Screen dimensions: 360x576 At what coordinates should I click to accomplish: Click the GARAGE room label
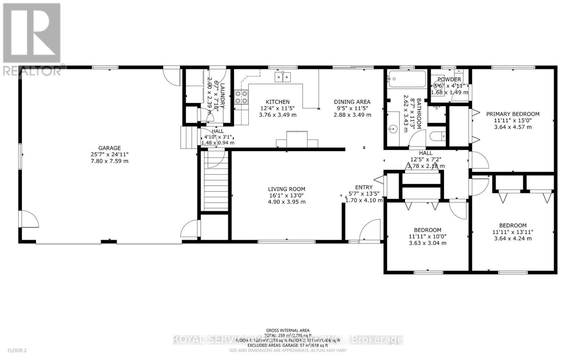[x=109, y=148]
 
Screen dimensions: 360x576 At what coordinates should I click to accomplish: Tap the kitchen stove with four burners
[x=241, y=97]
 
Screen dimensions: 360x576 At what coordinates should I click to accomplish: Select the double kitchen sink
[x=283, y=77]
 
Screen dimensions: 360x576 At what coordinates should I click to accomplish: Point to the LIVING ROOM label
[x=286, y=189]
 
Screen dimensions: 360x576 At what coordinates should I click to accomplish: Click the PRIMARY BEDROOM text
[x=513, y=114]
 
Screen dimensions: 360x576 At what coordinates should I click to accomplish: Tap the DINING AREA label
[x=352, y=102]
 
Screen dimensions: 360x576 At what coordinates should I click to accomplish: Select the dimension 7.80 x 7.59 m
[x=109, y=161]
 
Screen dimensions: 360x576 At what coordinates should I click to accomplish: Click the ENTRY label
[x=364, y=187]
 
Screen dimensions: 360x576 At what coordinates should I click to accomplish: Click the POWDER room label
[x=449, y=80]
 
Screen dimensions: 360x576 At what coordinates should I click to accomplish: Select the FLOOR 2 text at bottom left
[x=17, y=350]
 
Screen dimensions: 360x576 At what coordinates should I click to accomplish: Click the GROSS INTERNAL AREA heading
[x=287, y=330]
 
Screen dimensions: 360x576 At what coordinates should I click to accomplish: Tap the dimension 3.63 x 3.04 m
[x=427, y=243]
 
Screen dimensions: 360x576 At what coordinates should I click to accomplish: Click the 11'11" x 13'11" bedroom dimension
[x=513, y=232]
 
